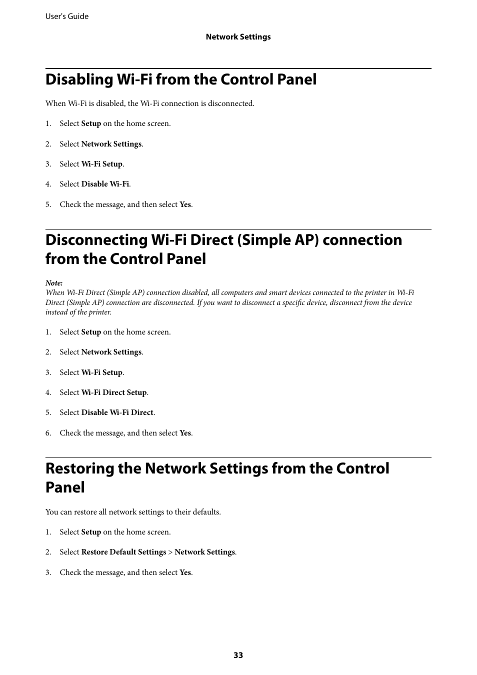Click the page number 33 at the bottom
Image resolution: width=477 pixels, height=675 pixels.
pos(238,655)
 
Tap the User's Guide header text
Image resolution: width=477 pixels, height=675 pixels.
pos(67,16)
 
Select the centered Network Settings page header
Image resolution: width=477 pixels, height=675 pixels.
pos(238,37)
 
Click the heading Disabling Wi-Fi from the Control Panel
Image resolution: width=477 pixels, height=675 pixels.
pos(181,79)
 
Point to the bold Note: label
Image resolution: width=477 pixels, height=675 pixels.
pos(54,283)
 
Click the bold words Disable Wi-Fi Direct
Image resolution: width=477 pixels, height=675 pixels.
pos(117,412)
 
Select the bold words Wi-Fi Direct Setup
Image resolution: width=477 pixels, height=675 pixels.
pos(114,392)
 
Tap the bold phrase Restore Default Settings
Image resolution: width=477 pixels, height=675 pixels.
pos(123,552)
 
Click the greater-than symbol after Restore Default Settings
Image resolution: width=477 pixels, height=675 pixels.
pos(170,552)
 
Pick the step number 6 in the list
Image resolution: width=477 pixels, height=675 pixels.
pos(48,433)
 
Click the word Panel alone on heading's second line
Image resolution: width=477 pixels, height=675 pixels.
pos(65,487)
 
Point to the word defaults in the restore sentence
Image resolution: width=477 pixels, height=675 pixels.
pos(206,512)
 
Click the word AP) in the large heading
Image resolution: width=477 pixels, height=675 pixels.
pos(305,240)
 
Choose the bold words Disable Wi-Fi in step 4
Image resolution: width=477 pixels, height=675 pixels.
pos(105,184)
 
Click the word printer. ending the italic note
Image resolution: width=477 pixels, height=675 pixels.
pos(100,312)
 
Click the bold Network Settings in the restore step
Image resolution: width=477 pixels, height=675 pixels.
pos(204,552)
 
